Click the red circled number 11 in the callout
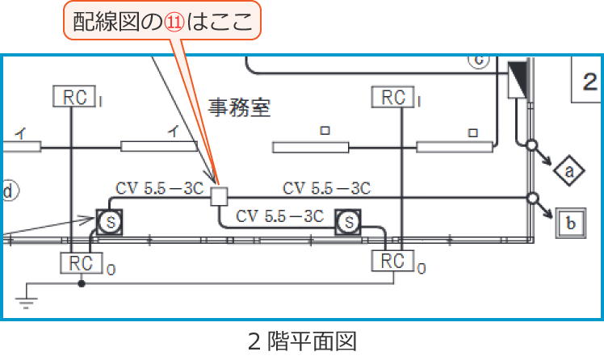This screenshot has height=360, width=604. pos(175,22)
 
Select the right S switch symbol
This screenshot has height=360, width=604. pos(348,221)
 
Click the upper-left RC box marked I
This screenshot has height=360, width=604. pos(73,97)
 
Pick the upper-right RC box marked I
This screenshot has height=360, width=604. pos(393,98)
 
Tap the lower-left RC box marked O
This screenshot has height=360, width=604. pos(82,263)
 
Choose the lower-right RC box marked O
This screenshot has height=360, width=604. pos(392,262)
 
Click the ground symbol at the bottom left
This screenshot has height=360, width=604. pos(27,303)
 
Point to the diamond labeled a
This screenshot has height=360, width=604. pos(569,171)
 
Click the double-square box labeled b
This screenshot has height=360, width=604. pos(570,224)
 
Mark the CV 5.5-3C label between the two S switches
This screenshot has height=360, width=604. pos(279,216)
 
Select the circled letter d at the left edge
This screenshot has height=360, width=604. pos(8,190)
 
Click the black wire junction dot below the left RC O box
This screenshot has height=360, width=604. pos(82,283)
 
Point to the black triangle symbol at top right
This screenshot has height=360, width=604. pos(518,80)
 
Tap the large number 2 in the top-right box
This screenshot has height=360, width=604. pos(589,80)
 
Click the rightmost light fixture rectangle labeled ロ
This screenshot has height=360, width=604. pos(454,147)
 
